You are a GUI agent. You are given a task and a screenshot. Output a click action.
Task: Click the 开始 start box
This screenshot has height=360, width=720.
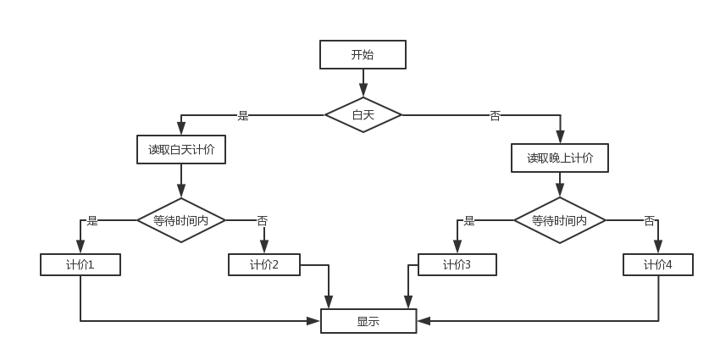click(x=363, y=55)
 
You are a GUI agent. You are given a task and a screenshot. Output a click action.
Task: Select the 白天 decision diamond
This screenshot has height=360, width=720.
click(x=363, y=114)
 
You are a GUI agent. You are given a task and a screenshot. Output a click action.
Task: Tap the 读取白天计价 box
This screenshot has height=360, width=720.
click(x=181, y=150)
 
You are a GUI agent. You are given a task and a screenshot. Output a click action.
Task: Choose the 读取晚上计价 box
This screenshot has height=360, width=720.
click(x=560, y=158)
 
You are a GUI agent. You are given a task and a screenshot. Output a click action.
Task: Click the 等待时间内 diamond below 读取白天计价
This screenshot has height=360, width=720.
click(x=181, y=220)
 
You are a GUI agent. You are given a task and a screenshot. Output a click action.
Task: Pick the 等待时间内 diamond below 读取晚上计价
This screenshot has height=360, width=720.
click(x=560, y=220)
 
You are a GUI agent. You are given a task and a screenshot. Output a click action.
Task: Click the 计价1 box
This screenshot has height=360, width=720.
click(x=80, y=265)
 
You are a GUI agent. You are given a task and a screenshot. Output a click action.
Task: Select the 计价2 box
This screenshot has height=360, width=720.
click(x=264, y=265)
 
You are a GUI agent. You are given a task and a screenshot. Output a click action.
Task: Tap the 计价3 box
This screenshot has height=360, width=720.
click(x=457, y=265)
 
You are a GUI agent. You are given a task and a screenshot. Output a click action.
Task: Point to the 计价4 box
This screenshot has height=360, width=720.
click(x=658, y=265)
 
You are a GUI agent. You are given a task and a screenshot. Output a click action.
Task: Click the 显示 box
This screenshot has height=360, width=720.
click(x=368, y=321)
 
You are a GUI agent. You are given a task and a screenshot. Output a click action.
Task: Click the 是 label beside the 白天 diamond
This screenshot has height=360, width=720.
click(x=243, y=115)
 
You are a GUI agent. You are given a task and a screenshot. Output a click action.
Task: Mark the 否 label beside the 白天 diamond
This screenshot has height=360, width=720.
click(x=495, y=115)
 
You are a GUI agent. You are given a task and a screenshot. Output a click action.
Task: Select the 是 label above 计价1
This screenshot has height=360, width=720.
click(x=92, y=220)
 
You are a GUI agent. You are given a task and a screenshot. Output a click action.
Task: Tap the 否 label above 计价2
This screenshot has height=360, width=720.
click(x=262, y=220)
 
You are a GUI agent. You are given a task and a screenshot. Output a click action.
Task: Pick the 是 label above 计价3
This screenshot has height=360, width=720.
click(x=469, y=220)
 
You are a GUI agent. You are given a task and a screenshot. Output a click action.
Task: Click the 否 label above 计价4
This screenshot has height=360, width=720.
click(x=649, y=220)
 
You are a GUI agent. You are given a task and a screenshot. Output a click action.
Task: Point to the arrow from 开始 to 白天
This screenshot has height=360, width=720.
click(x=363, y=82)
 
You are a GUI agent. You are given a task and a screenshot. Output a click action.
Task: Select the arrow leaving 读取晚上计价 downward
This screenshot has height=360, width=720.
click(x=560, y=185)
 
